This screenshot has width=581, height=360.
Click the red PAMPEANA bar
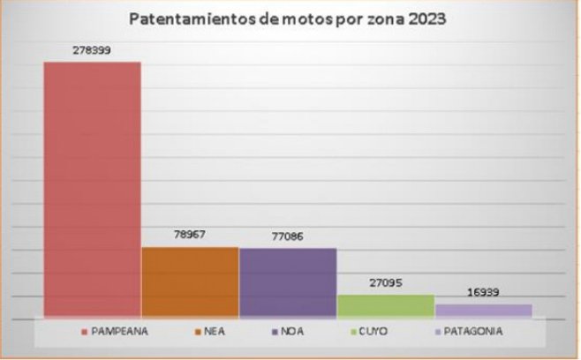pos(93,189)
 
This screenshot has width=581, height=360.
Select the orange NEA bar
pos(190,281)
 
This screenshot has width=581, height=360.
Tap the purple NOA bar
pos(288,281)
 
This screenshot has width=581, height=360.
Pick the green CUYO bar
pos(385,305)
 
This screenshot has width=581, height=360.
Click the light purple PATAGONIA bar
pos(483,310)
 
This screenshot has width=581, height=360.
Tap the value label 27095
pos(385,284)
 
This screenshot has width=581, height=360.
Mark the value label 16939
pos(483,292)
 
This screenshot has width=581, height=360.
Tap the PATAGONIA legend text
pos(474,331)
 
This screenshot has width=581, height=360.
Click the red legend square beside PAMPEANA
pos(85,332)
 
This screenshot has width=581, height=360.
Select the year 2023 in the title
pos(425,18)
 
